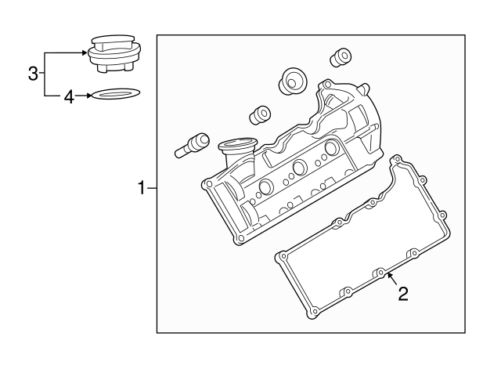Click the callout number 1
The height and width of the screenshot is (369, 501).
[142, 187]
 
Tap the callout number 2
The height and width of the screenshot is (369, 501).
[402, 294]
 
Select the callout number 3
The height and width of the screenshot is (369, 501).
[33, 74]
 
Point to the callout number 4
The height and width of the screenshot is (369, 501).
[69, 96]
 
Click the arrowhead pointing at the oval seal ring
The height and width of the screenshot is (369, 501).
[88, 96]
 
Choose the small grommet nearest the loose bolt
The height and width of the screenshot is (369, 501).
[258, 115]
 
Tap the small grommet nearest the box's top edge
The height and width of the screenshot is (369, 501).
[341, 57]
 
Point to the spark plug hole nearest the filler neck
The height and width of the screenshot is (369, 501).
[265, 188]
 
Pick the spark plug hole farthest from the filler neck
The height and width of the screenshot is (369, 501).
[331, 147]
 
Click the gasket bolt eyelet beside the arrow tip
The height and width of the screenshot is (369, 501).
[380, 273]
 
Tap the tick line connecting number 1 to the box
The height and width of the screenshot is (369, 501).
[152, 187]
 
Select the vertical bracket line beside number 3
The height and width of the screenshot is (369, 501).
[45, 74]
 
